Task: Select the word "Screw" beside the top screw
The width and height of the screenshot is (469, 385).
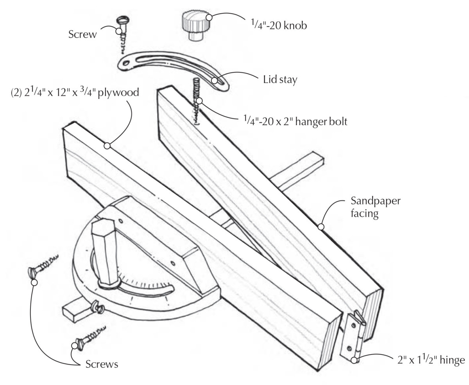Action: click(x=82, y=34)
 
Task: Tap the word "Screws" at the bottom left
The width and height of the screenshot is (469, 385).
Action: click(x=102, y=364)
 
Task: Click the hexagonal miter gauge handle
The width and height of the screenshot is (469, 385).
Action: click(x=107, y=254)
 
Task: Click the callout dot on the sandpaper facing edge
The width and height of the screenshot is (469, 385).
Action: click(x=321, y=226)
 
